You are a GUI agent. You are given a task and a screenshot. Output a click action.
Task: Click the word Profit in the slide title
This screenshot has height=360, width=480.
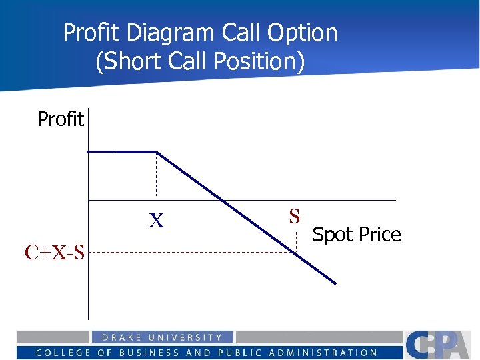click(x=91, y=33)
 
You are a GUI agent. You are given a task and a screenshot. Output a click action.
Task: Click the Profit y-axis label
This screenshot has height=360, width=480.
click(x=60, y=119)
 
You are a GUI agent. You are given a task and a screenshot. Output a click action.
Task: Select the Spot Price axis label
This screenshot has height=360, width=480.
click(x=357, y=235)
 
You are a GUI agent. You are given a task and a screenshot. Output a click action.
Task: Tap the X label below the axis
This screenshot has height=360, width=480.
click(x=156, y=221)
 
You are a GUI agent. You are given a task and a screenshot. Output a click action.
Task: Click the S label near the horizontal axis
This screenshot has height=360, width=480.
click(x=295, y=216)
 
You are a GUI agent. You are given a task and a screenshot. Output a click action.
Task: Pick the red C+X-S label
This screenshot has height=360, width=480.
click(x=55, y=252)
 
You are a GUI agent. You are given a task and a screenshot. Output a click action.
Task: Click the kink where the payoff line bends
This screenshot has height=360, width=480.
click(x=156, y=152)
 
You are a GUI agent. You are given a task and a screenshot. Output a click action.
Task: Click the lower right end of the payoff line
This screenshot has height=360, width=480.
click(x=335, y=283)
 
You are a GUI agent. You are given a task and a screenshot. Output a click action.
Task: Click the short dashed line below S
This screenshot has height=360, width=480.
click(x=297, y=240)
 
